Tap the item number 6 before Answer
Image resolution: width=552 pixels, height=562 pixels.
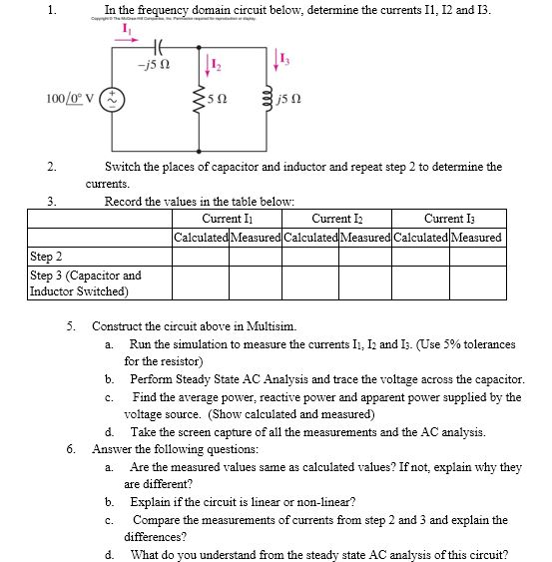[x=71, y=449]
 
